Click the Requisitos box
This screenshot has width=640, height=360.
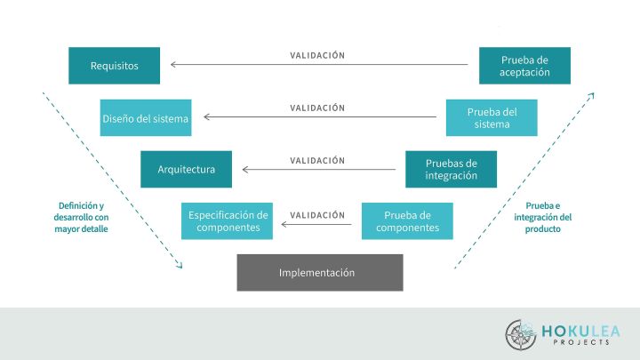[114, 66]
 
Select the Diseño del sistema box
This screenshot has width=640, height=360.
[146, 117]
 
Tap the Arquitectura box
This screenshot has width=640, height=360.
[186, 169]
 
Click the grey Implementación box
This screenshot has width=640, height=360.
[319, 272]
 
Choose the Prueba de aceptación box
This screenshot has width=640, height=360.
[524, 66]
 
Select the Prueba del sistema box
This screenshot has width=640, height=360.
[492, 117]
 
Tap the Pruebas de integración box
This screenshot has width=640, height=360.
[451, 169]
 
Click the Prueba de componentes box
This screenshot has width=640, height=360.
[407, 220]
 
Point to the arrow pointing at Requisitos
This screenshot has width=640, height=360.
[319, 65]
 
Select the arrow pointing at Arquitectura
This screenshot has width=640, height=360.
[319, 169]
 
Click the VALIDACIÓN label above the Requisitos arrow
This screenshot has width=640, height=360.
[317, 55]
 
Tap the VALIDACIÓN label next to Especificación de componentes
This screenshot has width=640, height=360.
[317, 214]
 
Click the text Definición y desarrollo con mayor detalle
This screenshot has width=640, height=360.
[81, 217]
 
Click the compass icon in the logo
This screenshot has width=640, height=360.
[520, 334]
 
